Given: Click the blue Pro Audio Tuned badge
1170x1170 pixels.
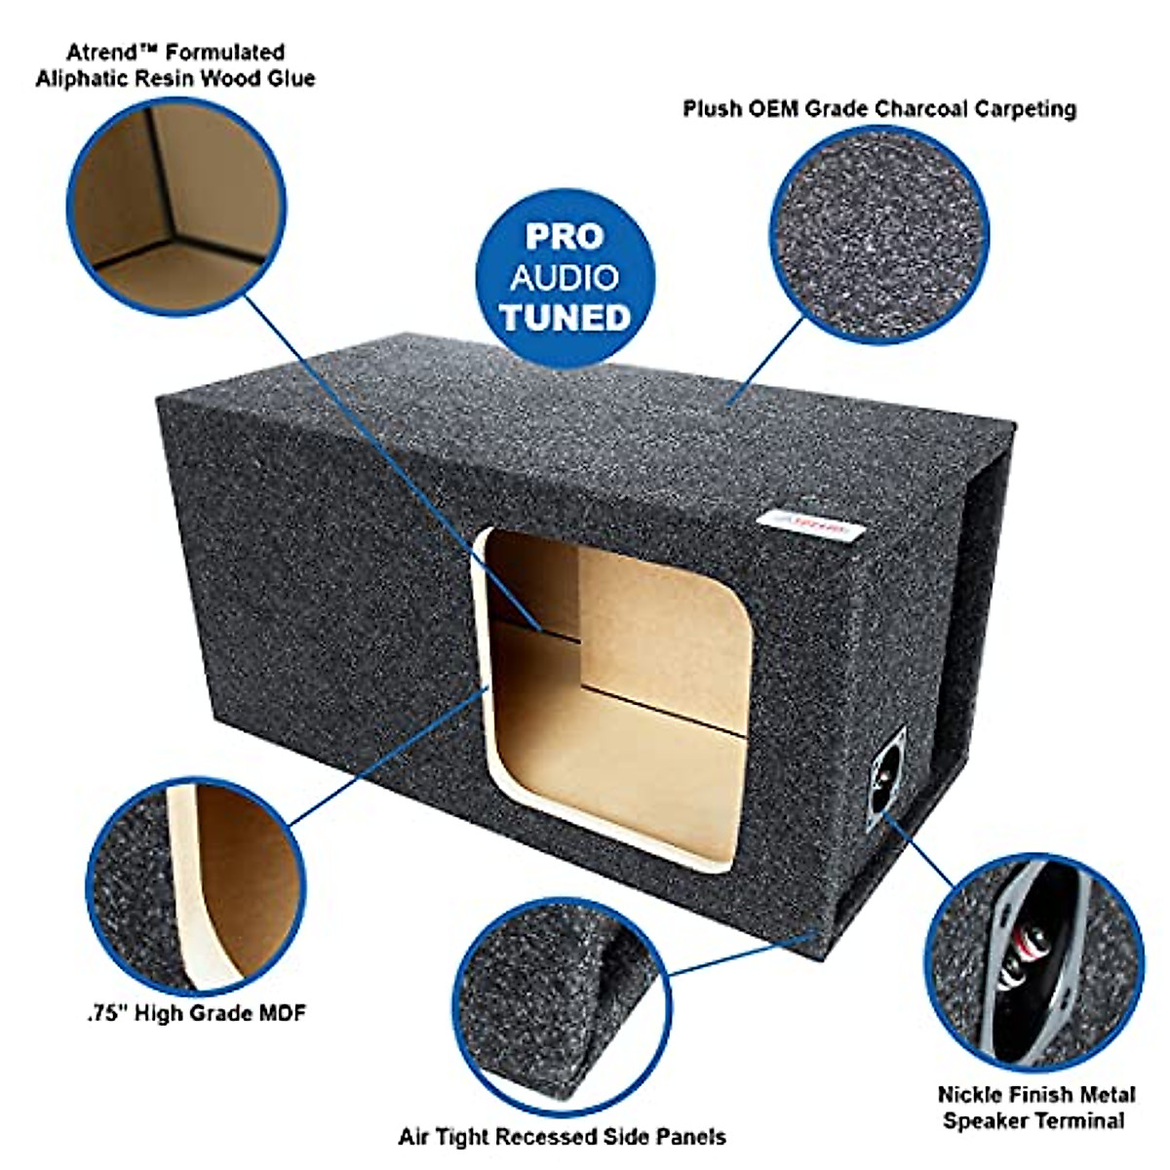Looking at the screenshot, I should click(x=565, y=278).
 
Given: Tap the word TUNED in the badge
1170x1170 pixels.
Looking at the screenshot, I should click(x=565, y=318).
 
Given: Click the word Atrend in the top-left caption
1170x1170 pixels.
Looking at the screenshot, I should click(x=101, y=52).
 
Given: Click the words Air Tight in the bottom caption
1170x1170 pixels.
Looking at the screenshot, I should click(x=444, y=1137).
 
